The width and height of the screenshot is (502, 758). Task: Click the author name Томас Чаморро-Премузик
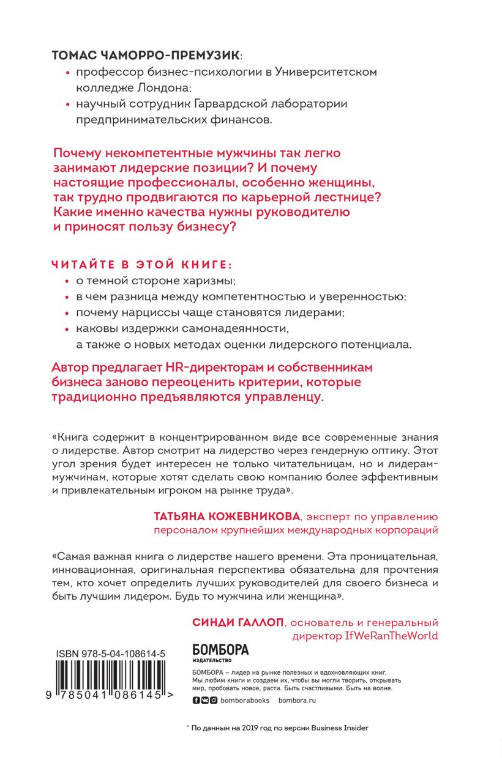(147, 54)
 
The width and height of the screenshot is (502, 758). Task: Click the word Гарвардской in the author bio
(243, 104)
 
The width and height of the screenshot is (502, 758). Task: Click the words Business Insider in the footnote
(340, 728)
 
